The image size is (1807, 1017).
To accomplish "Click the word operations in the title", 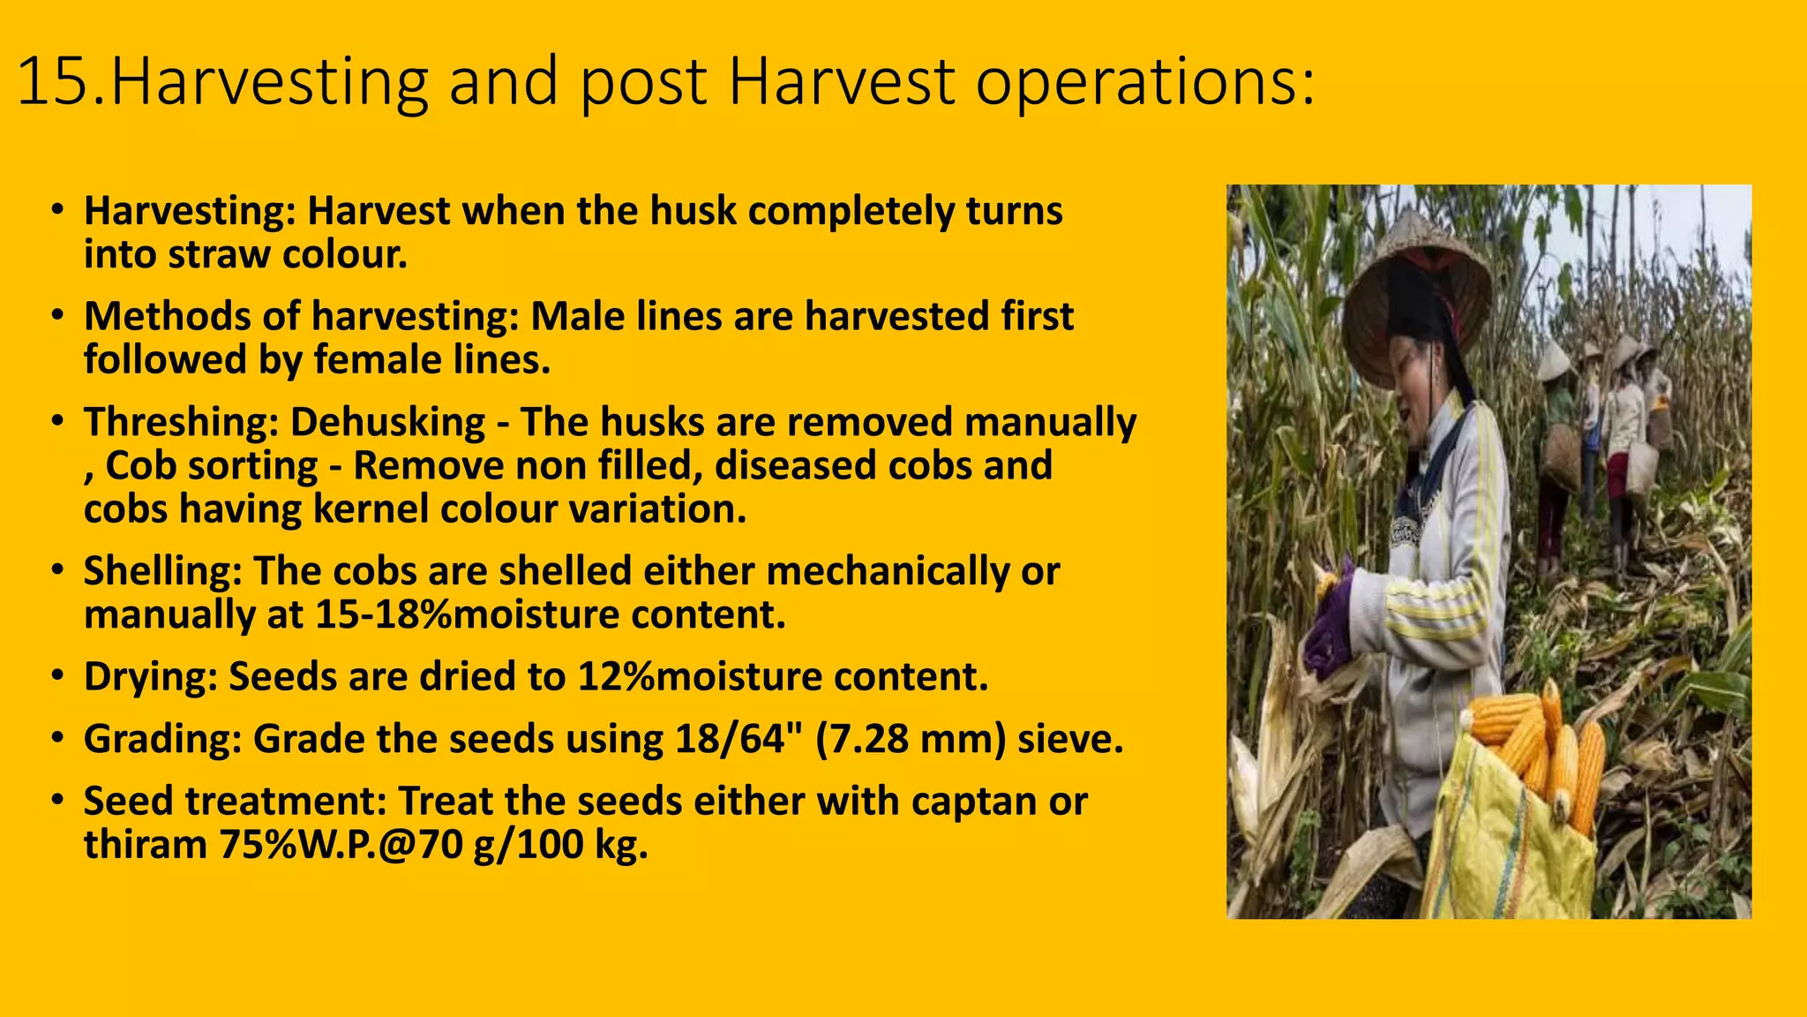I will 1143,82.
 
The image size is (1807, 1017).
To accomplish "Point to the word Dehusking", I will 387,422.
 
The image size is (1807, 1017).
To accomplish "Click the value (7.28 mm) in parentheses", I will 910,738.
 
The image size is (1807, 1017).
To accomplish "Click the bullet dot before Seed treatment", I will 57,801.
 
